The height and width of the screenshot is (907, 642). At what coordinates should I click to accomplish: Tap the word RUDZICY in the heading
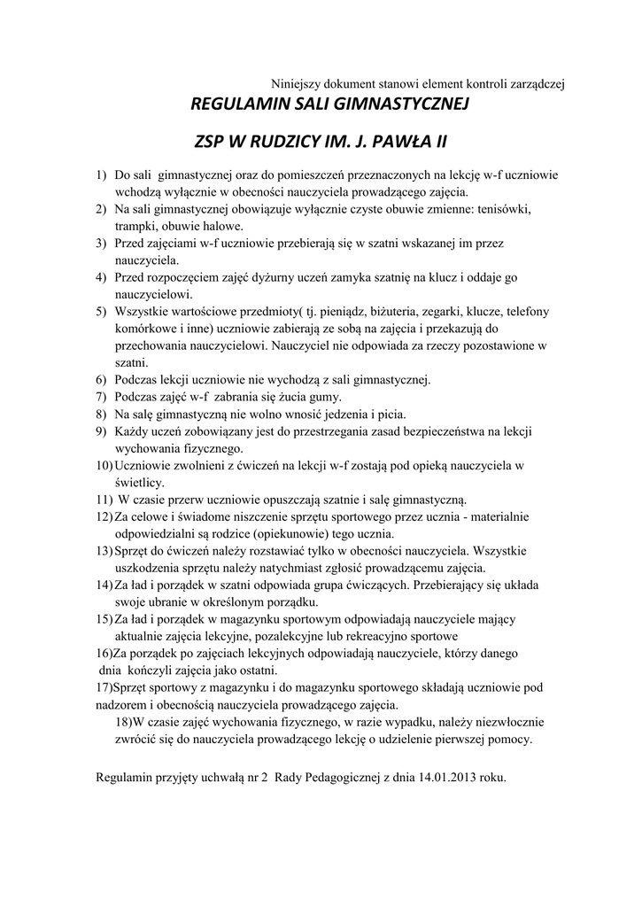[x=297, y=142]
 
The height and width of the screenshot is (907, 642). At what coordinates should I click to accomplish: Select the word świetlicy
[x=137, y=482]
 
